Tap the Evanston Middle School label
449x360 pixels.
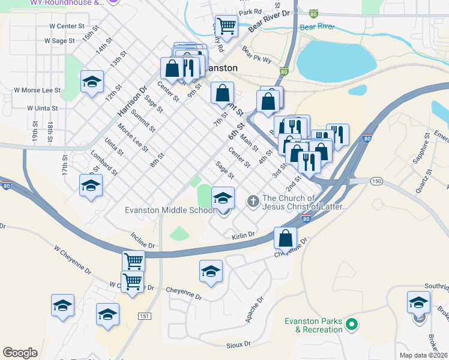169,210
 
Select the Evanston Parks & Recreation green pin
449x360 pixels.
353,325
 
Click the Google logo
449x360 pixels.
20,353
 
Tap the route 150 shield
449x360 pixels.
376,181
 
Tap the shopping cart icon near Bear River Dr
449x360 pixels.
227,26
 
